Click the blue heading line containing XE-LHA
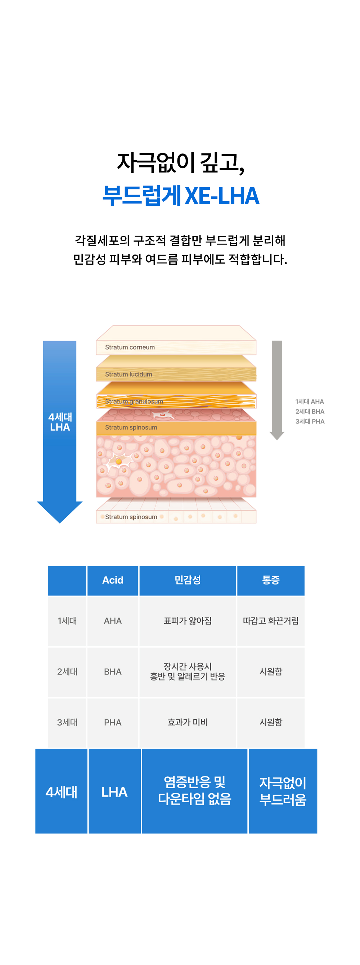[181, 196]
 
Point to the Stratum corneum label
[130, 347]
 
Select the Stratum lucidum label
[129, 374]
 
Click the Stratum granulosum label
[134, 401]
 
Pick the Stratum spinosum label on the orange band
[131, 427]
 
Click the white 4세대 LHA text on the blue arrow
[60, 422]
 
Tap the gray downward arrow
[277, 390]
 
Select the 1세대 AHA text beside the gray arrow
[310, 401]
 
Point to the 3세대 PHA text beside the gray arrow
[310, 421]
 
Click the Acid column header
[113, 580]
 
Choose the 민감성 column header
[188, 580]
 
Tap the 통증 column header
[271, 580]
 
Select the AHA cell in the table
[113, 621]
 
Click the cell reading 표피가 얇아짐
[188, 621]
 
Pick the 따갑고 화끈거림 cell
[271, 621]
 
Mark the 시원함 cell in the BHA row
[271, 672]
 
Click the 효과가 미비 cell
[188, 722]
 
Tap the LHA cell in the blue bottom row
[114, 791]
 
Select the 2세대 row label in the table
[67, 672]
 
